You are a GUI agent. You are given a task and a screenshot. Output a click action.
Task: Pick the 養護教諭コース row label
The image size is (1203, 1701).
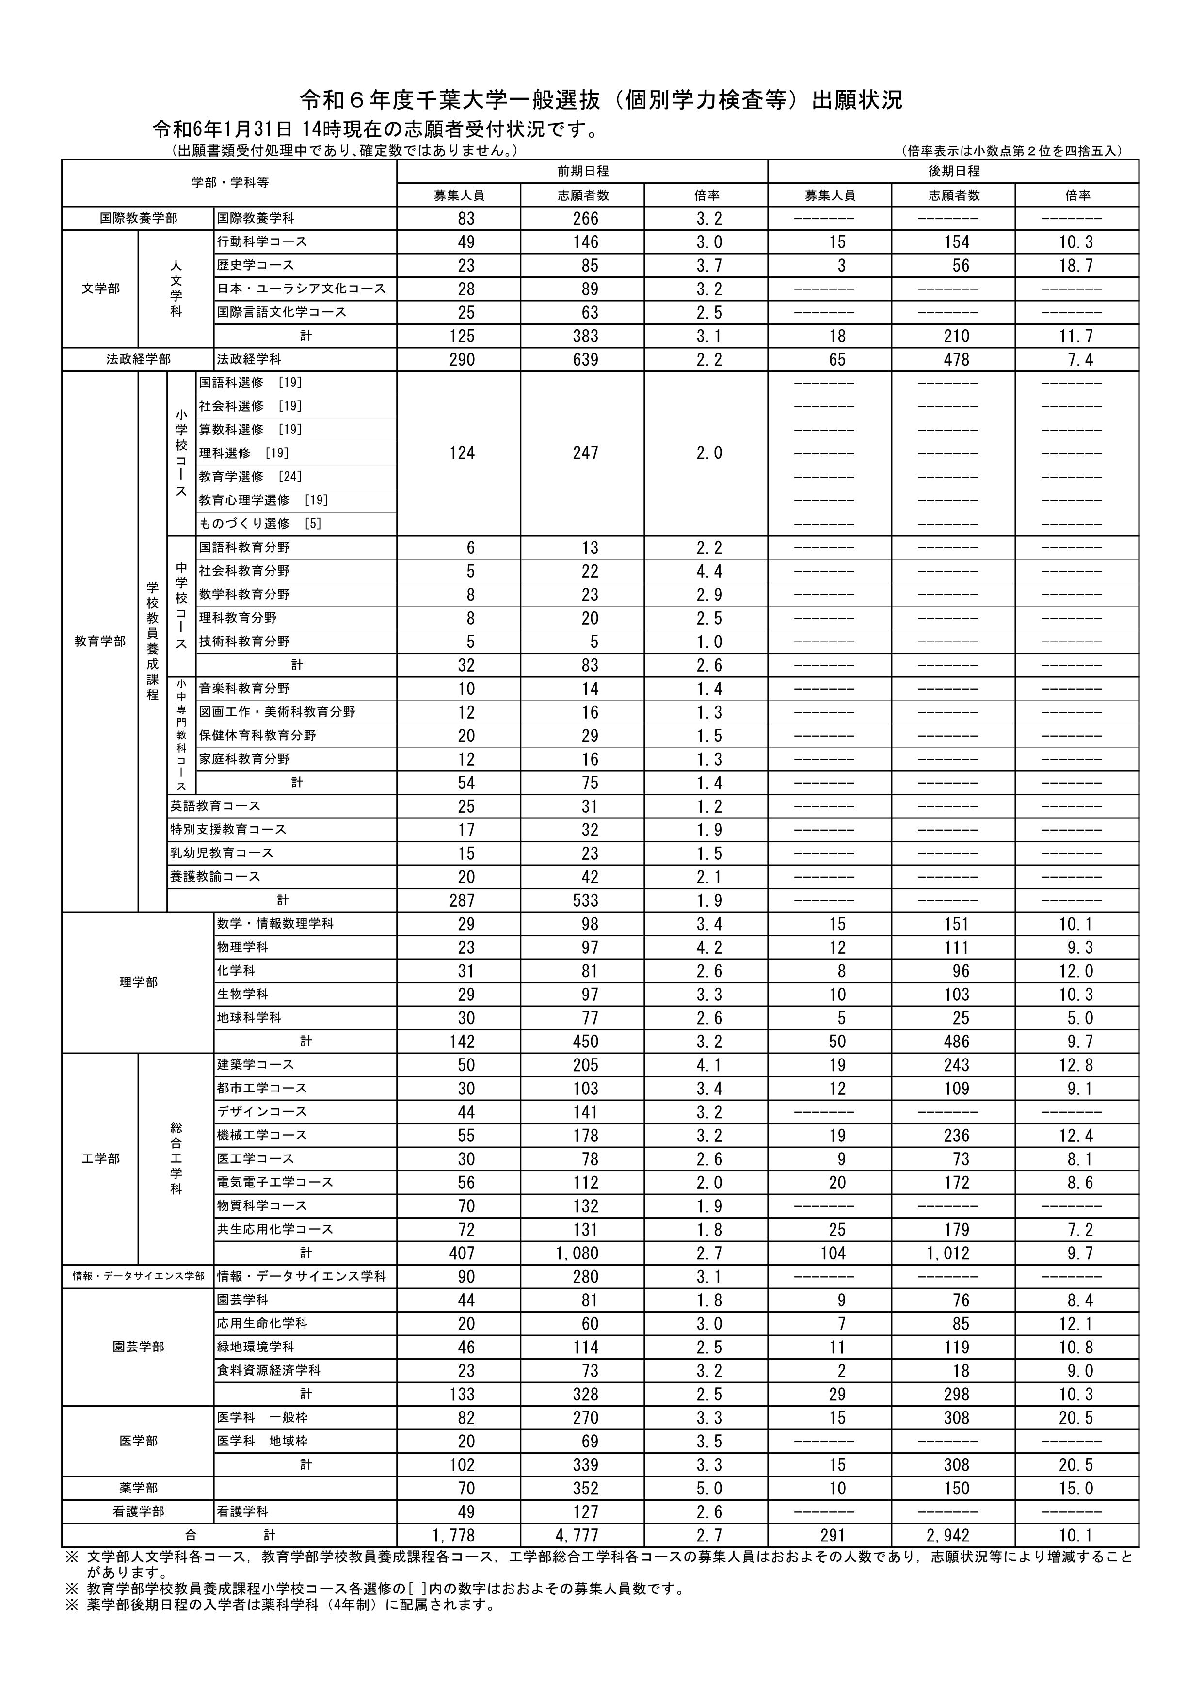216,877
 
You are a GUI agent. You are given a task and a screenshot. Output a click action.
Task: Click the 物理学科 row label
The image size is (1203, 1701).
243,947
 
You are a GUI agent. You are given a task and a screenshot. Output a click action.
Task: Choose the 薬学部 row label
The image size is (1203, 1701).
139,1489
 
